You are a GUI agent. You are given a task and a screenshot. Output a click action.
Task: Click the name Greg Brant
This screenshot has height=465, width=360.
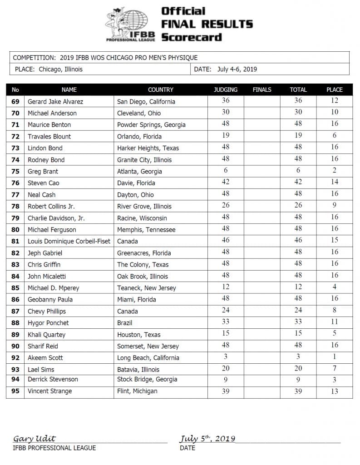click(43, 171)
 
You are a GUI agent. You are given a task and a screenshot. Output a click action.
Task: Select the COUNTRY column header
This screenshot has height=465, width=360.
click(160, 90)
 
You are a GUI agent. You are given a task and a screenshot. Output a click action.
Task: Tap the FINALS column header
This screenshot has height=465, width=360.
click(262, 90)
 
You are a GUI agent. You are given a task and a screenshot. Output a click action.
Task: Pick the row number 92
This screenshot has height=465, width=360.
click(15, 357)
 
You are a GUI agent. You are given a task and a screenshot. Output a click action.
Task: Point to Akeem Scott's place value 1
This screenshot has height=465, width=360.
click(334, 357)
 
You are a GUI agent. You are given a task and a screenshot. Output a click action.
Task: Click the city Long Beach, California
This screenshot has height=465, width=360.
click(148, 357)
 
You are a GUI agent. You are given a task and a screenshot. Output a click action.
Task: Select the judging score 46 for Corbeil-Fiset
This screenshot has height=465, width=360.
click(225, 241)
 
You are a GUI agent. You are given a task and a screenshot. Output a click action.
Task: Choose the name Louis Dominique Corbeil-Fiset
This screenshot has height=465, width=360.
click(69, 241)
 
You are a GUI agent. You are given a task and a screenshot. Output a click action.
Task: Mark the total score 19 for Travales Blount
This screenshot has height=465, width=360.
click(298, 136)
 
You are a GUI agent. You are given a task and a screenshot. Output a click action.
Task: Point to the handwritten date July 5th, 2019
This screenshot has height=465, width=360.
click(207, 439)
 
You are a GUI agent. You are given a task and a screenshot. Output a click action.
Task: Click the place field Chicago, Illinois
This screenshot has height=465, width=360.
click(61, 69)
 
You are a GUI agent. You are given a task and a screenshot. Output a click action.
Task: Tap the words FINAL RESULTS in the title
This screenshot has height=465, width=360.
click(207, 24)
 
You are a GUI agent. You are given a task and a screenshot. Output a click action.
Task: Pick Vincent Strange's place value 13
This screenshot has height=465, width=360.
click(334, 391)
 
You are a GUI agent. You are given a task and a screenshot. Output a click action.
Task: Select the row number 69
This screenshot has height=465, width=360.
click(15, 101)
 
